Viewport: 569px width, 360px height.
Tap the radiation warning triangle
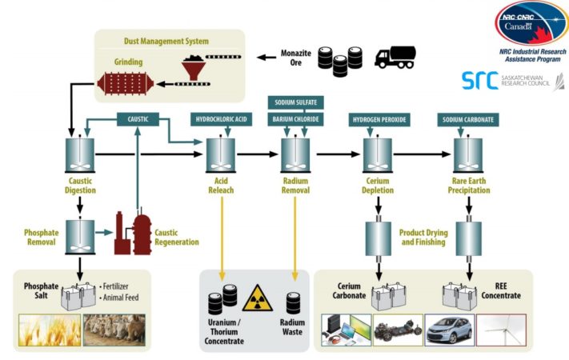click(x=258, y=299)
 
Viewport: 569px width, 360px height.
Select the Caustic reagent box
click(x=138, y=119)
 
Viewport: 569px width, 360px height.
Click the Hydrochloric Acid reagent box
click(x=220, y=119)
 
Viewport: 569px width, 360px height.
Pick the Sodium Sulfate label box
click(x=295, y=102)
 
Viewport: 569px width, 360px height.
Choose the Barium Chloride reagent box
click(x=295, y=119)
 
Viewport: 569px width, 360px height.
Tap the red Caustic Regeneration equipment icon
click(x=132, y=234)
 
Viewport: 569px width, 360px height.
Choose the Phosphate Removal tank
click(x=80, y=234)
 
